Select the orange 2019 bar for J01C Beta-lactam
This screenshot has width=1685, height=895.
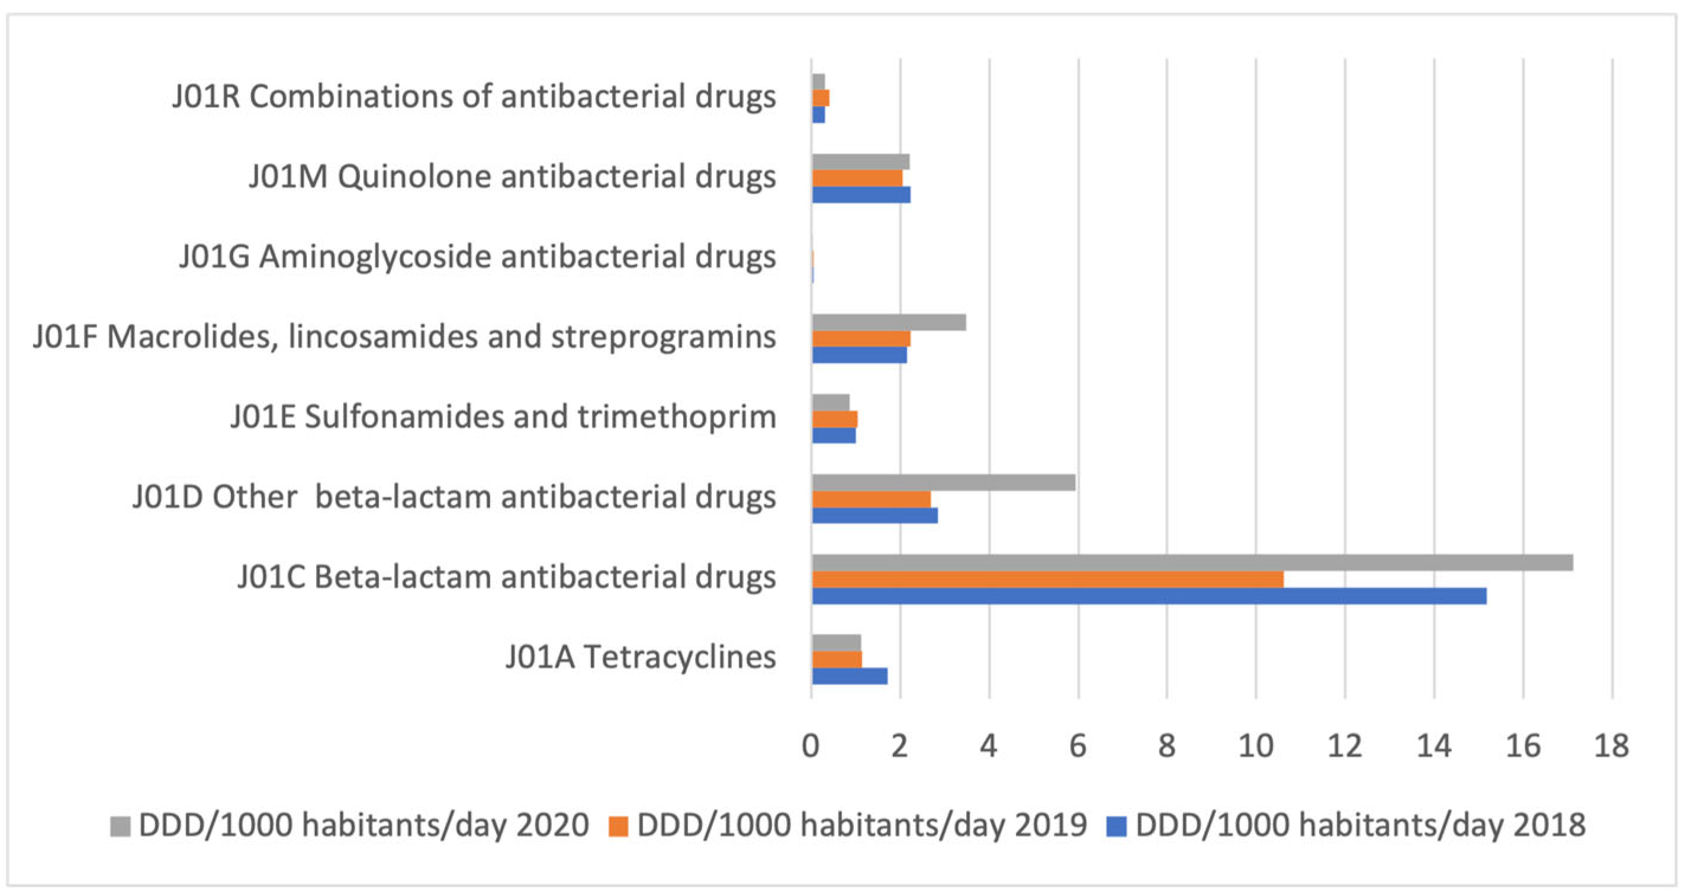tap(1047, 579)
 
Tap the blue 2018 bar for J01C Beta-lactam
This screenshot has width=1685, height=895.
tap(1149, 596)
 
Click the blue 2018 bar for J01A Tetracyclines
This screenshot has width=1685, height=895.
tap(849, 676)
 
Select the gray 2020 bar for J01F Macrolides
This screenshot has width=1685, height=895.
tap(888, 322)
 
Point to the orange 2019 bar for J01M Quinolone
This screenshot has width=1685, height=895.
tap(857, 178)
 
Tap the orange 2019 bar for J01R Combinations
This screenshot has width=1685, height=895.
tap(820, 98)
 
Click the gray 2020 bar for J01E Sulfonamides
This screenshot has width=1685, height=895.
tap(830, 402)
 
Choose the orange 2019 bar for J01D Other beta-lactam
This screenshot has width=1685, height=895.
tap(871, 499)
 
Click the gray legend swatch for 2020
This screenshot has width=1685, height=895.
tap(120, 826)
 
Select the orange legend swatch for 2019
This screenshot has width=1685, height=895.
tap(618, 826)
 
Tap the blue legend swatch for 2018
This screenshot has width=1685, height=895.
tap(1116, 826)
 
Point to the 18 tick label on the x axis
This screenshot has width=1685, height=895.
tap(1611, 746)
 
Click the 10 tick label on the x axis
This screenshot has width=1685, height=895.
tap(1255, 746)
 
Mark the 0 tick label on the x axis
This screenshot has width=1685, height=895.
tap(811, 746)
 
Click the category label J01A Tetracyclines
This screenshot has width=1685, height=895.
tap(641, 658)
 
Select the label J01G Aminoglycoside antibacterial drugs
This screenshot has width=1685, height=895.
tap(478, 257)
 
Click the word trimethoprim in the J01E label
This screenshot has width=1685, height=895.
tap(676, 418)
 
